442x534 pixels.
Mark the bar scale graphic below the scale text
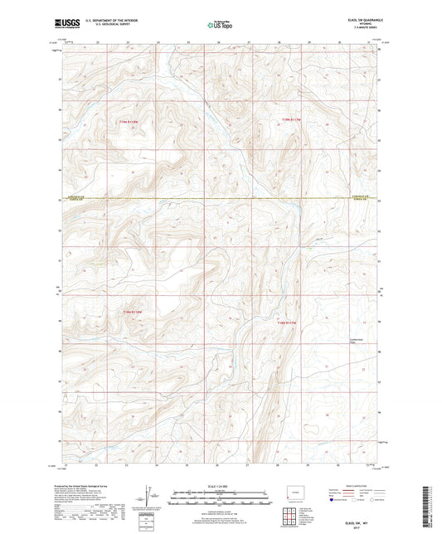click(220, 500)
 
